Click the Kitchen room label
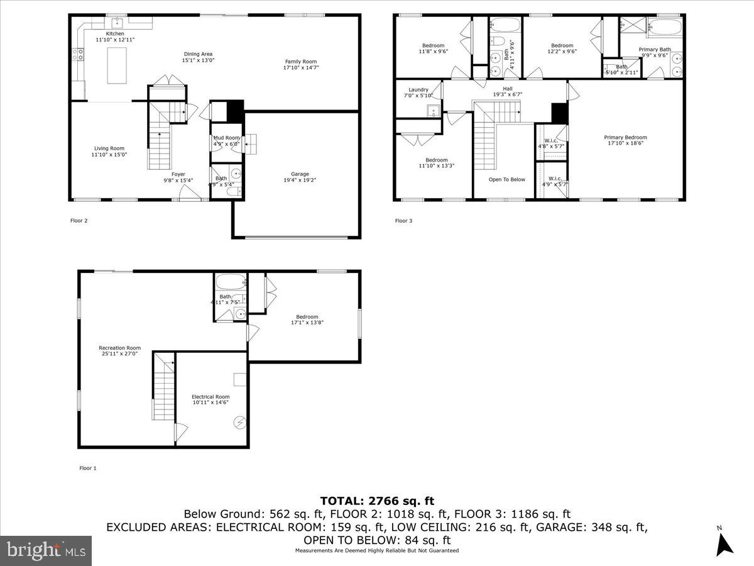[x=115, y=33]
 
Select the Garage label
[x=300, y=174]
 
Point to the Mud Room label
[x=226, y=138]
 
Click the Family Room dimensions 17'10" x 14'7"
[x=300, y=67]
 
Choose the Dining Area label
[x=199, y=54]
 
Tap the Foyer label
[x=178, y=174]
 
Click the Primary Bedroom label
[x=625, y=137]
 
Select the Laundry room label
[x=418, y=89]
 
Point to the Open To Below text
[x=506, y=179]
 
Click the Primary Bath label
[x=655, y=49]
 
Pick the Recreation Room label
[x=119, y=348]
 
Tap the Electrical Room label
[x=210, y=397]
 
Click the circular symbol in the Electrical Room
[x=239, y=423]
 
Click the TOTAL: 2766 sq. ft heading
[x=377, y=501]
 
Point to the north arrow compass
[x=725, y=542]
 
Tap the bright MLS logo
[x=46, y=551]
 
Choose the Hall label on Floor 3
[x=507, y=89]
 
